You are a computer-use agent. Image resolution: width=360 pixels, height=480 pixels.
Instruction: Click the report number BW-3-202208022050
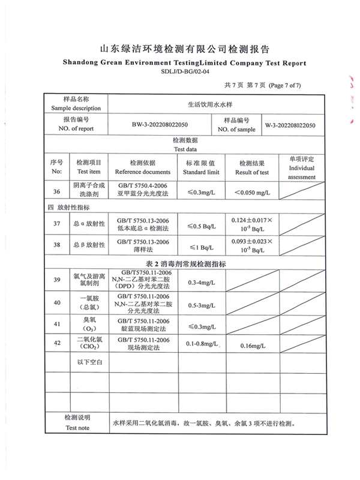click(x=160, y=125)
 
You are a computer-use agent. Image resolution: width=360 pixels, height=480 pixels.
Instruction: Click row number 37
click(x=57, y=224)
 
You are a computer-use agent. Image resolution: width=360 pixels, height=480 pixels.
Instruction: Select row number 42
click(x=57, y=343)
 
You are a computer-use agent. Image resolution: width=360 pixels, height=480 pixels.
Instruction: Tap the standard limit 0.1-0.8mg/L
click(x=201, y=343)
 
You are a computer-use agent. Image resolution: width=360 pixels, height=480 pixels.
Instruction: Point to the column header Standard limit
click(x=201, y=172)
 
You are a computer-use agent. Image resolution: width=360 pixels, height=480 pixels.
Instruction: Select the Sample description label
click(x=76, y=109)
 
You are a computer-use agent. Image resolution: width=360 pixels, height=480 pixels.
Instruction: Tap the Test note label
click(x=76, y=428)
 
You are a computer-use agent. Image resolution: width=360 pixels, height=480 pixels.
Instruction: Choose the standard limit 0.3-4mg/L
click(x=201, y=281)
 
